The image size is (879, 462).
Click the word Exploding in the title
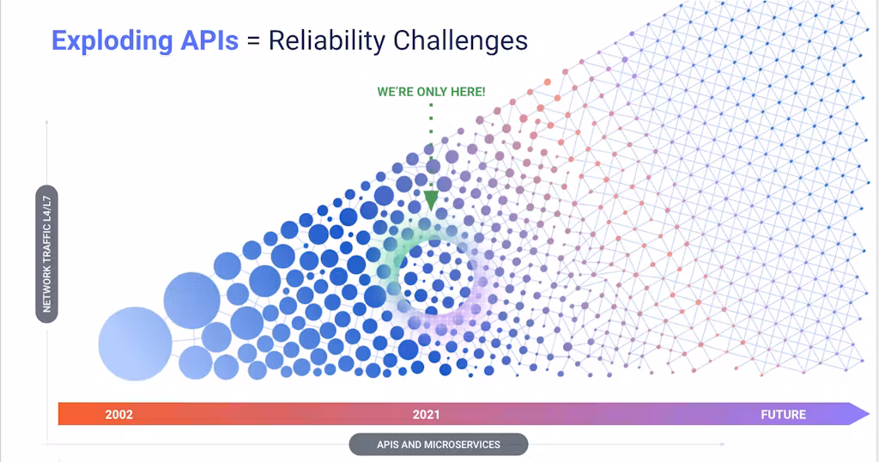point(112,41)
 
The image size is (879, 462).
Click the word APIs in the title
point(209,40)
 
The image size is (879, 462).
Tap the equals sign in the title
point(253,41)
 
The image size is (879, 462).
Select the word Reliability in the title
point(327,41)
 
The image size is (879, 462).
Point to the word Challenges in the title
point(460,41)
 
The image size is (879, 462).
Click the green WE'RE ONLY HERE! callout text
point(431,92)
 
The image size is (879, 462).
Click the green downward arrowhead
point(431,200)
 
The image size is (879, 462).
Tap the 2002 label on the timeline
point(118,415)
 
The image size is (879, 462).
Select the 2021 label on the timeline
point(426,415)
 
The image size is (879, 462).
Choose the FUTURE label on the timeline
point(783,415)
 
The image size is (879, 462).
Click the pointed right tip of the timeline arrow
point(870,415)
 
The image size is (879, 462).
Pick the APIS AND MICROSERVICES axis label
point(439,445)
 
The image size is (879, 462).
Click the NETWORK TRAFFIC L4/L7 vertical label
point(47,254)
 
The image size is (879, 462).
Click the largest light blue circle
point(135,343)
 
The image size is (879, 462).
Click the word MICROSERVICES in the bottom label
point(463,445)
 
